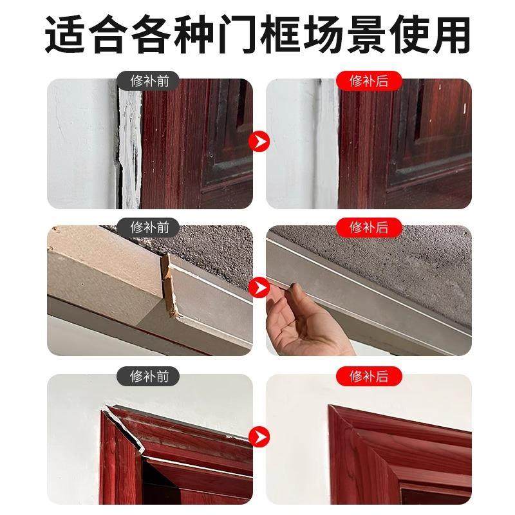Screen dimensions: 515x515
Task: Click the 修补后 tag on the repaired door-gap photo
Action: click(368, 81)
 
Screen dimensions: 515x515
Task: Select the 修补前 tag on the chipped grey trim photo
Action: click(149, 227)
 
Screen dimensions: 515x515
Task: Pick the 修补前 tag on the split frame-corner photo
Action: click(149, 377)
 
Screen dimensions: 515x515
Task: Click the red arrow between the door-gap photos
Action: click(259, 140)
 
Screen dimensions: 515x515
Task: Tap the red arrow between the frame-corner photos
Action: click(259, 436)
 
